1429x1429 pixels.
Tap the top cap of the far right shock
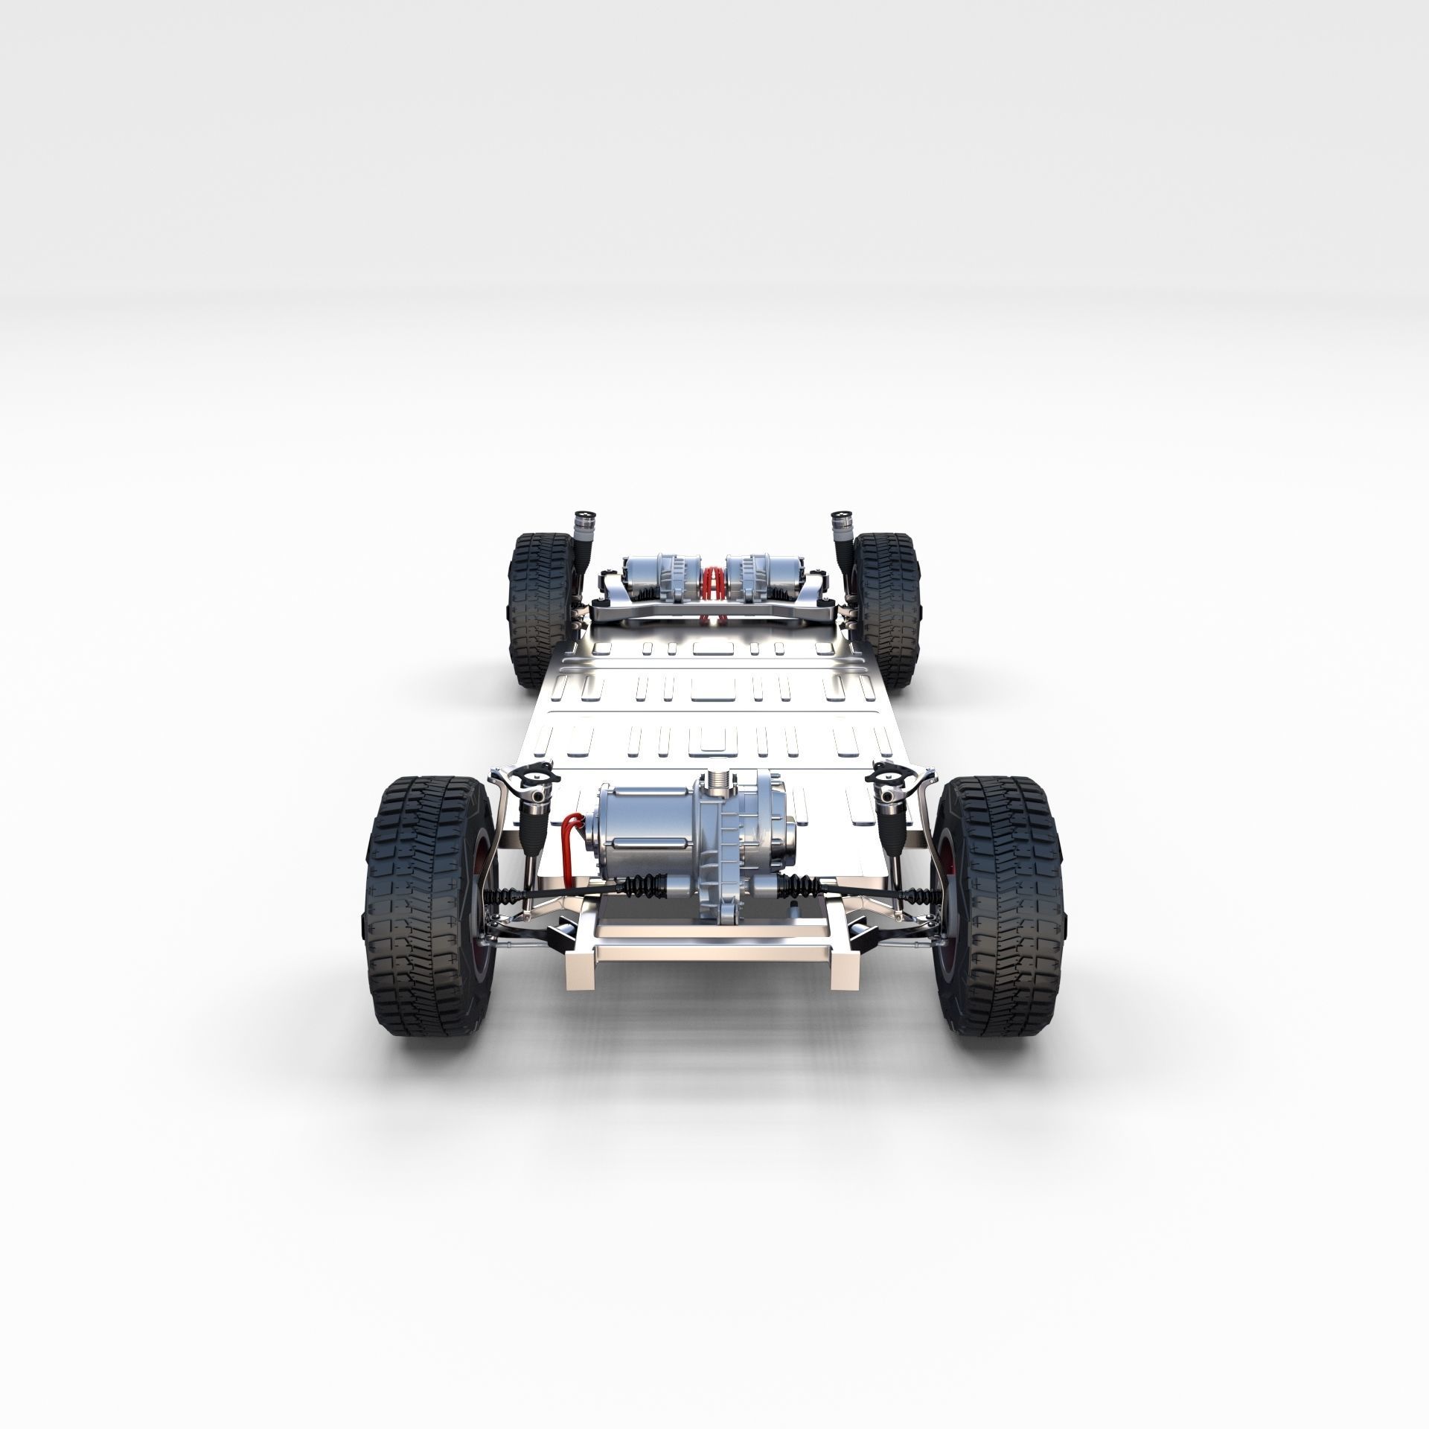coord(842,515)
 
